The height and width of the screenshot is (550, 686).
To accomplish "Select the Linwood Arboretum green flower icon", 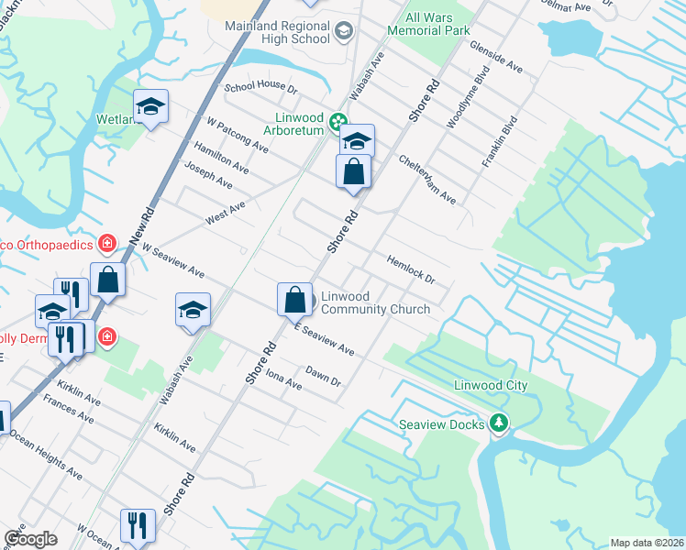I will tap(337, 120).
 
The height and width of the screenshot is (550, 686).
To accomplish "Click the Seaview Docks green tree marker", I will tap(498, 423).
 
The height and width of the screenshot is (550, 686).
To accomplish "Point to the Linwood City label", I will tap(491, 386).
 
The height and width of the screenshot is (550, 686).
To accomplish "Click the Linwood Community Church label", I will tap(375, 302).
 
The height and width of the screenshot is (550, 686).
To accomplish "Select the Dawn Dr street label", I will tap(323, 376).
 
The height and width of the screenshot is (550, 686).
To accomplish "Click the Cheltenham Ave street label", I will tap(427, 178).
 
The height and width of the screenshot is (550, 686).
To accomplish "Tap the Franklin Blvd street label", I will tap(500, 140).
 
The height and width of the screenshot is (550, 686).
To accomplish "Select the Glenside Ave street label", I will tap(495, 56).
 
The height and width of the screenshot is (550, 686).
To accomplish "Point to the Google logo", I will tap(30, 539).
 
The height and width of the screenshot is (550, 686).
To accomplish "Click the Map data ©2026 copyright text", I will tap(647, 543).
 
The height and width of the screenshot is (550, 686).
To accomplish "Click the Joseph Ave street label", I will tap(208, 176).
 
